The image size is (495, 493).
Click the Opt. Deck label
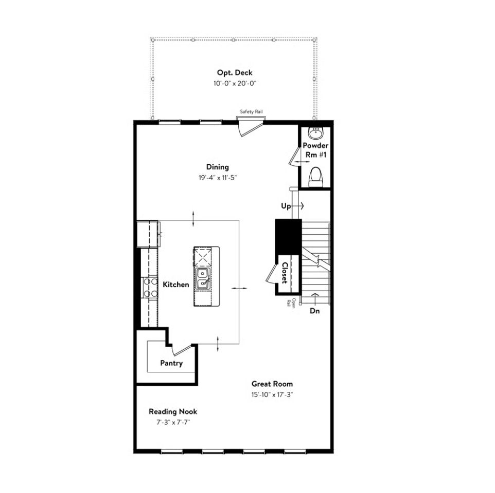235,73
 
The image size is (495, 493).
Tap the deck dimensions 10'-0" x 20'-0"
235,84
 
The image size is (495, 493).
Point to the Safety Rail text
251,111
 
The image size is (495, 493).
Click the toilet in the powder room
315,177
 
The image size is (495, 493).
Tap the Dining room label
218,167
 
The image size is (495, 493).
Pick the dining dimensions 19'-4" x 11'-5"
218,178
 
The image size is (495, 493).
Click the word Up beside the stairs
286,206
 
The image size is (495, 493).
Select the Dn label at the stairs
314,311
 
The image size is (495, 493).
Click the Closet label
285,273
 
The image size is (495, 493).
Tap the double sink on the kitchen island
203,279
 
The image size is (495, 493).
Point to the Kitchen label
176,285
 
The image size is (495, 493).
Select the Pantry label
171,363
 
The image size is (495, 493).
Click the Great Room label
272,384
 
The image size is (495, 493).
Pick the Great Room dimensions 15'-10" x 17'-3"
272,395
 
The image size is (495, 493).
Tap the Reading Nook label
173,412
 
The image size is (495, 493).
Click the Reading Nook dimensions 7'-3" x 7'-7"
173,423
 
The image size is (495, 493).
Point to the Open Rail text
291,302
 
